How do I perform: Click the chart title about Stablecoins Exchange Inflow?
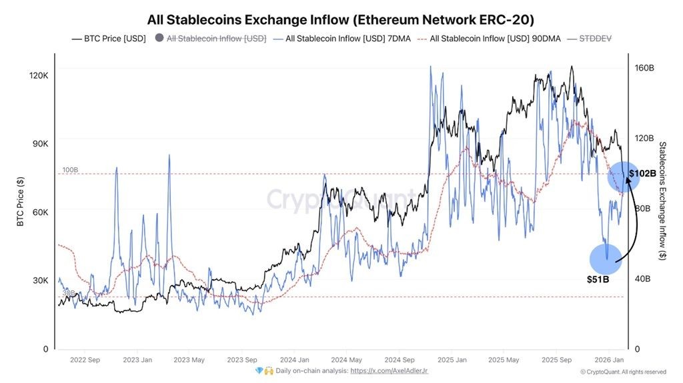(x=340, y=19)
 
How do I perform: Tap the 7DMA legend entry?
(x=339, y=39)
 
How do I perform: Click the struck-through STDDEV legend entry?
(x=594, y=39)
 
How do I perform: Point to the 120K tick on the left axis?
(x=39, y=76)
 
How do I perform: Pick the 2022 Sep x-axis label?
(x=85, y=360)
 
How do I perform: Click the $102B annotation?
(x=642, y=173)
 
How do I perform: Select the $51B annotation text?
(x=598, y=279)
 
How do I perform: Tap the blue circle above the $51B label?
(x=606, y=259)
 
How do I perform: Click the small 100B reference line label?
(x=70, y=170)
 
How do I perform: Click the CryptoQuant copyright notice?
(x=622, y=372)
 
